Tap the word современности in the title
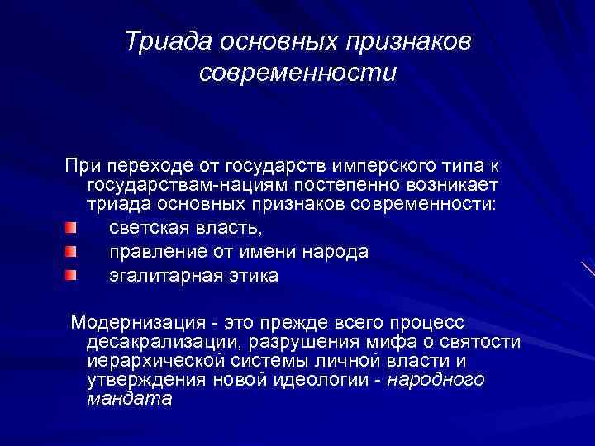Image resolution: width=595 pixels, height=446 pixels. click(x=297, y=73)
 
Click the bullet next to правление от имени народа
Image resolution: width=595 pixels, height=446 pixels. click(x=72, y=250)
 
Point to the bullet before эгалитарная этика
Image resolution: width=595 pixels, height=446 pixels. click(x=72, y=274)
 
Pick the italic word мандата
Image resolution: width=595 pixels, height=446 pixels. click(x=129, y=398)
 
